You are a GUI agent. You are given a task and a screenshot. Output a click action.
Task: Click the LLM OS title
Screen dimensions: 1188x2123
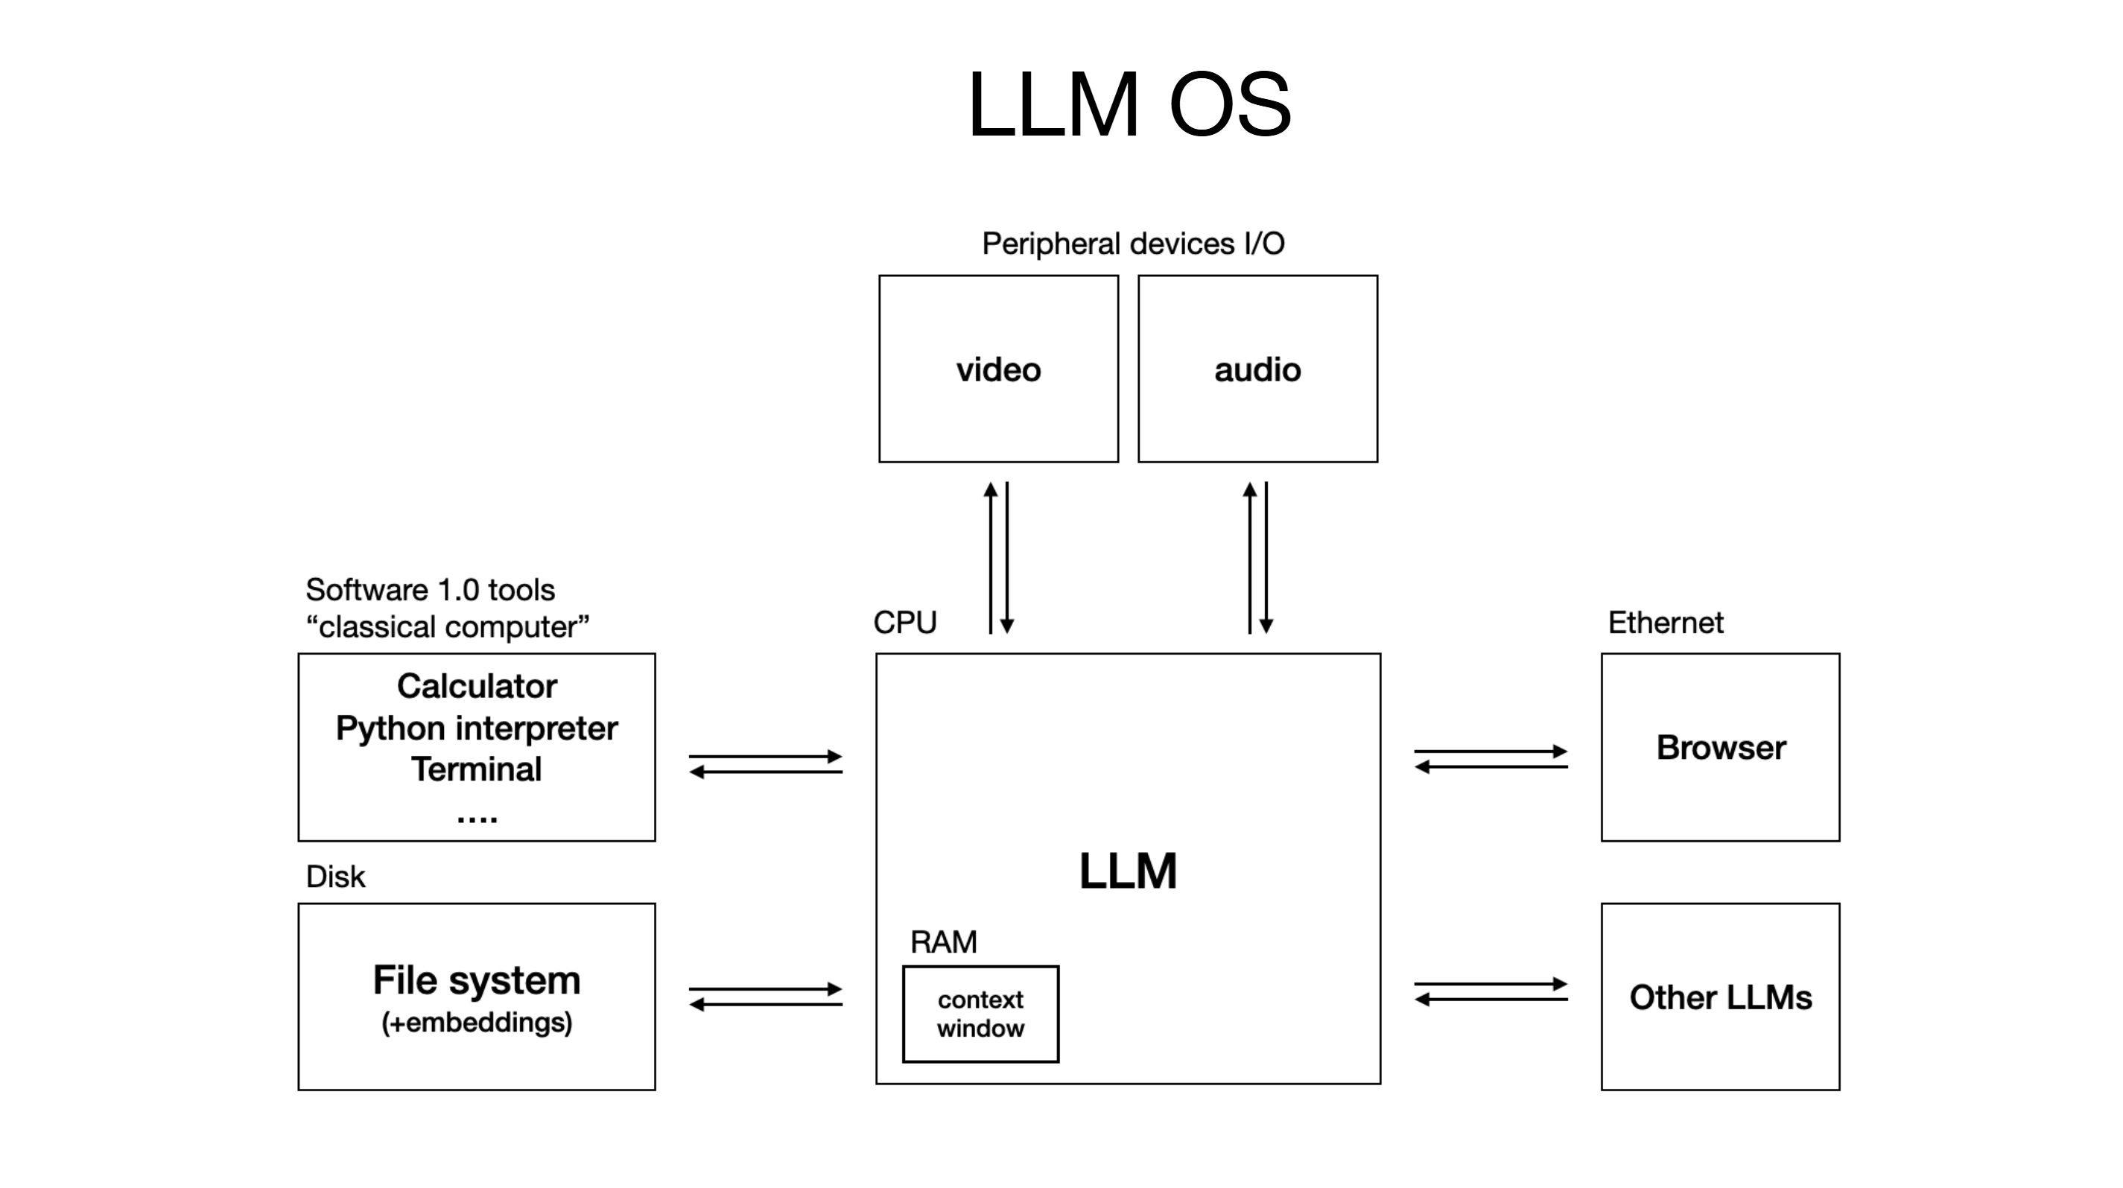pos(1129,104)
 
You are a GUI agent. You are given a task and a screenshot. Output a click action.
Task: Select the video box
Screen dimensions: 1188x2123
pos(998,369)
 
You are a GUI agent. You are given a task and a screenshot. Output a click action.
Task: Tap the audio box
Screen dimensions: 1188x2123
pos(1257,369)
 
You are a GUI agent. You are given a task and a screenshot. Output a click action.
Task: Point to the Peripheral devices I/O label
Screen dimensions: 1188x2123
pos(1132,244)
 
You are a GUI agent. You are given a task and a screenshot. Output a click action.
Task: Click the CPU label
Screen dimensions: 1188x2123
pos(904,622)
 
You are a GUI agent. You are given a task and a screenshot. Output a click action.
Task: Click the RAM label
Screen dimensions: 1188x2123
pos(943,941)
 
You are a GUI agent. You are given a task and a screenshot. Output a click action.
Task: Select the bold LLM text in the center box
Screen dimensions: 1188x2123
pos(1128,871)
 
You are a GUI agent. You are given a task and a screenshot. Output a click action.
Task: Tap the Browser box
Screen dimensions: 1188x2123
pos(1720,747)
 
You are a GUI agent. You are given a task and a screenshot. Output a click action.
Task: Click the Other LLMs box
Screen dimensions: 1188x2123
pos(1720,997)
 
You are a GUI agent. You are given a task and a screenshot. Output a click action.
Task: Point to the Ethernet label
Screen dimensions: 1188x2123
pos(1665,622)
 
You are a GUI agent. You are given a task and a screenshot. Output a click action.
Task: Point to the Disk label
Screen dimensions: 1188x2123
pos(334,877)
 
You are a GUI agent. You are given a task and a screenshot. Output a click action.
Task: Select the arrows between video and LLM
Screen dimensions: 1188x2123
pos(999,558)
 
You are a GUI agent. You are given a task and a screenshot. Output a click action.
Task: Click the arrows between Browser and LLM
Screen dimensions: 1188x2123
pos(1490,759)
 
